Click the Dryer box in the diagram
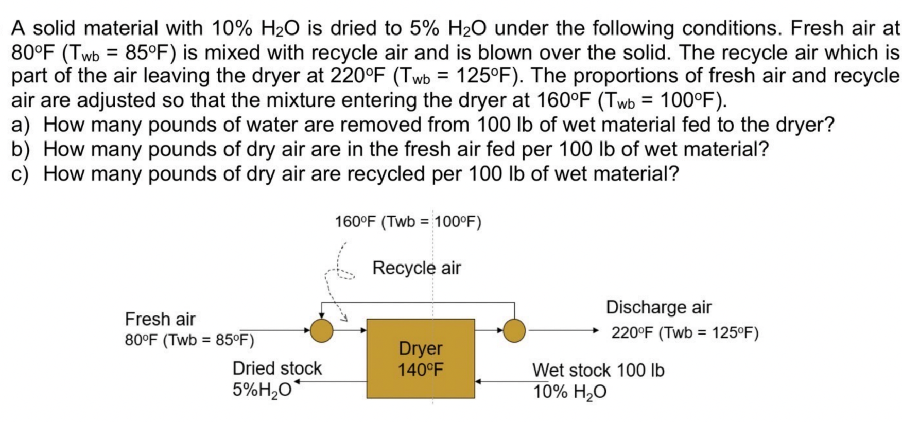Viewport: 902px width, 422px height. (x=420, y=358)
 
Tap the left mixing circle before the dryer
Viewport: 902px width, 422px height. (x=321, y=330)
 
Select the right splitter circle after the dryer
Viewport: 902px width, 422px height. (x=514, y=330)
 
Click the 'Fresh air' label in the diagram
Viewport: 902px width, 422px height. (x=160, y=319)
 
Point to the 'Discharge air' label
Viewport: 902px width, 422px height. (x=658, y=307)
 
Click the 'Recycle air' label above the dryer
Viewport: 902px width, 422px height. (x=417, y=268)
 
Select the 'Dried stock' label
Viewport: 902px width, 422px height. (x=277, y=368)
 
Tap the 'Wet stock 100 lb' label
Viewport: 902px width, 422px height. (x=598, y=371)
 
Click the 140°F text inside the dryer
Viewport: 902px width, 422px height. (x=420, y=370)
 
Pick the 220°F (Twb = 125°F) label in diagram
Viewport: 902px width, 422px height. (x=685, y=333)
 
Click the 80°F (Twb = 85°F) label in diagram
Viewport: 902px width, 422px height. (x=189, y=340)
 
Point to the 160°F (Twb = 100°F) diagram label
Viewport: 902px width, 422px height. (x=408, y=222)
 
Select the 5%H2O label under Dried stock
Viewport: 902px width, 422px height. (x=262, y=390)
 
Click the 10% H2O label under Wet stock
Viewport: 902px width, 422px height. (x=569, y=392)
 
